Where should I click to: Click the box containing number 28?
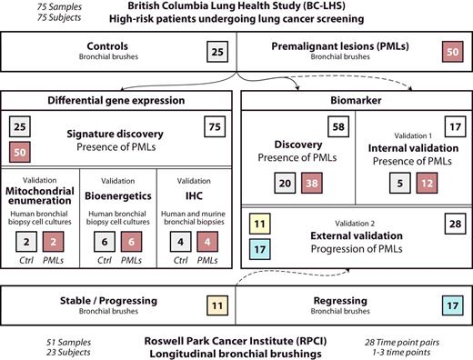(x=451, y=222)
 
